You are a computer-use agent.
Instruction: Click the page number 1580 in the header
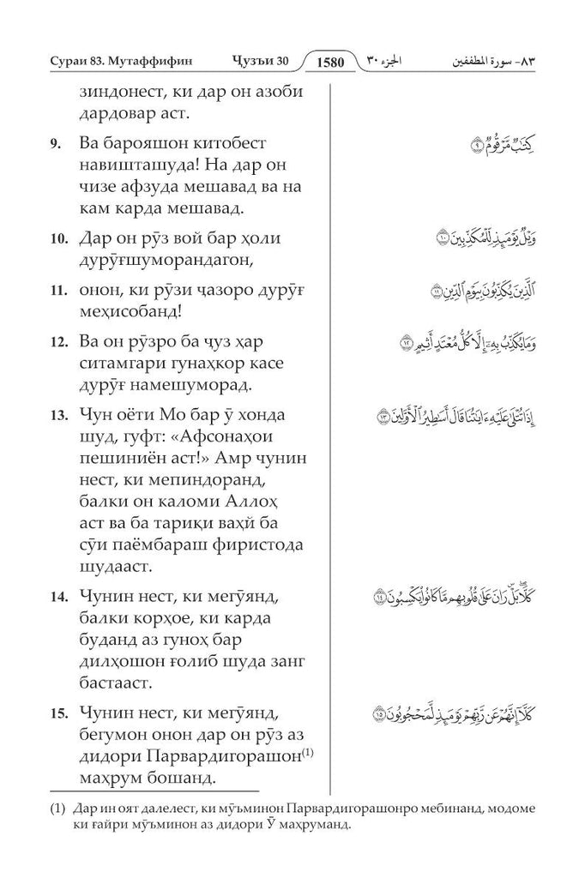(330, 63)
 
